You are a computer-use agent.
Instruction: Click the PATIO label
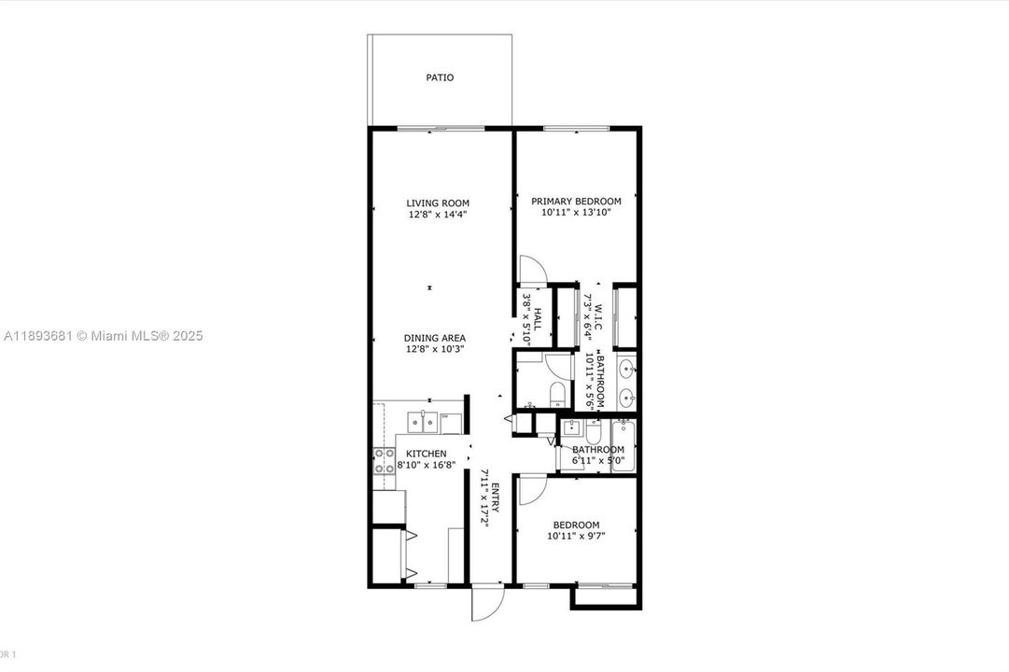[440, 77]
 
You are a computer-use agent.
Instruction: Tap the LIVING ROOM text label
[437, 203]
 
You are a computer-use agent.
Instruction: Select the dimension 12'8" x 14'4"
[437, 215]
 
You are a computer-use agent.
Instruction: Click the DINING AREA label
[434, 338]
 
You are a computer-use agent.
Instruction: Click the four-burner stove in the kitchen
[384, 463]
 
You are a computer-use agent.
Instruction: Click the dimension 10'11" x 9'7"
[576, 537]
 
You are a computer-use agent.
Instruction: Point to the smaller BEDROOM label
[576, 525]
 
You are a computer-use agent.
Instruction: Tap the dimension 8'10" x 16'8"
[426, 465]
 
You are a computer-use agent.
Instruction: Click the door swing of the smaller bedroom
[530, 489]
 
